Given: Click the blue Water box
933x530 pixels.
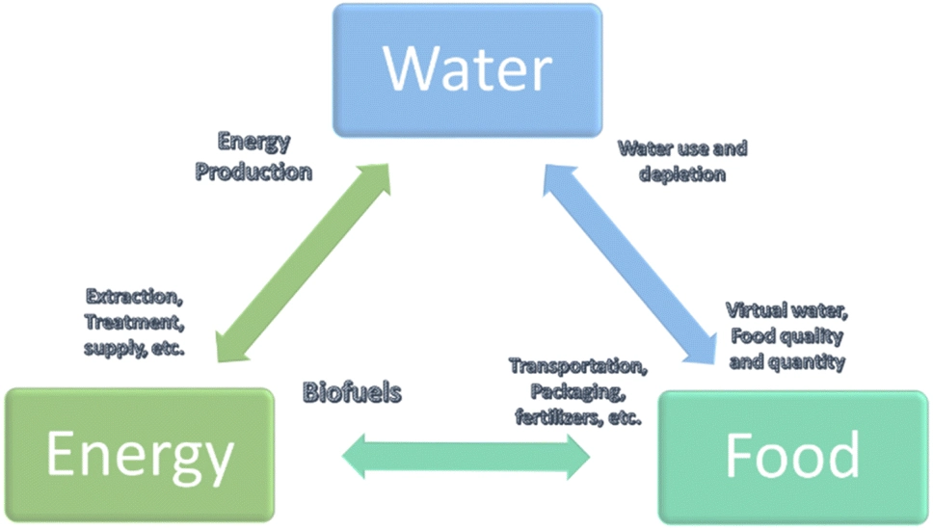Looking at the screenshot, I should point(466,69).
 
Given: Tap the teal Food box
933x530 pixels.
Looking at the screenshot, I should point(793,456).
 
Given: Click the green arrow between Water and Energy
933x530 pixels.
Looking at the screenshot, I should point(304,261).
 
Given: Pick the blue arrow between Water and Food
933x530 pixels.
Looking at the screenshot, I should point(630,261).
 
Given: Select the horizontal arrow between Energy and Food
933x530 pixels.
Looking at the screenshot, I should point(467,455).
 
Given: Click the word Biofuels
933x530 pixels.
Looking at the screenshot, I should point(351,392).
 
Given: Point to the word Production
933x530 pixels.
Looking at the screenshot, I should point(253,172).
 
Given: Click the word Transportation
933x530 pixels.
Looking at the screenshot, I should point(577,366).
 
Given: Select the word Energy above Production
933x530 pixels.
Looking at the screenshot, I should point(253,145).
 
